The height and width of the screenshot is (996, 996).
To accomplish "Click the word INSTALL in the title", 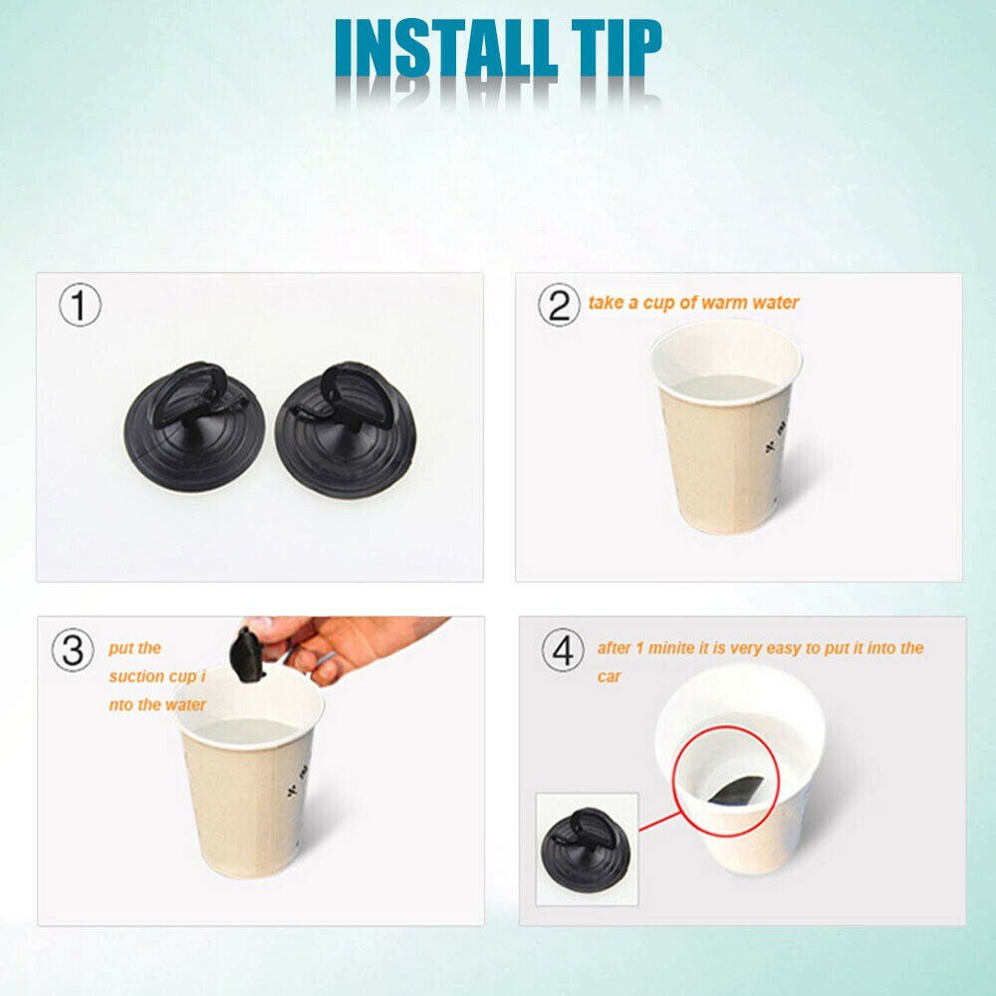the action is pos(445,48).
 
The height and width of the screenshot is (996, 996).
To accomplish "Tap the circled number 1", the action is pos(80,305).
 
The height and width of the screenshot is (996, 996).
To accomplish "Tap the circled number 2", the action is pos(559,305).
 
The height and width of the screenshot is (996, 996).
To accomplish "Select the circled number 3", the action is pos(73,649).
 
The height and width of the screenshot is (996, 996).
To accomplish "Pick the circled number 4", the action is pos(563,649).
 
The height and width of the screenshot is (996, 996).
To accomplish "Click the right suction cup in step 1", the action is pos(346,429).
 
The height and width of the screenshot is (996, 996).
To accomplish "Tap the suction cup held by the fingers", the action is pos(248,655).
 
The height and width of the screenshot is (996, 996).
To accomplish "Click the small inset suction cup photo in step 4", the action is pos(587,849).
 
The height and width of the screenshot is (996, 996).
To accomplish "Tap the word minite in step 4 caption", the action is pos(670,648).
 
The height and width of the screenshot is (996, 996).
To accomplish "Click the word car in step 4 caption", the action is pos(608,677).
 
